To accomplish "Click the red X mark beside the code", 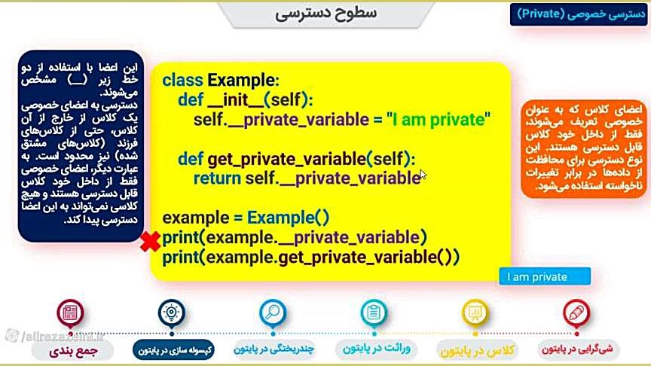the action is point(150,242).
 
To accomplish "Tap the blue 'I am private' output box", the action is point(545,276).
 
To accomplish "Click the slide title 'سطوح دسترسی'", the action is point(326,13).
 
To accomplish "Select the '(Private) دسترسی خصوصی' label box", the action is point(579,14).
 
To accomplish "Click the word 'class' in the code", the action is point(182,80).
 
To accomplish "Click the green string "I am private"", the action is point(439,120).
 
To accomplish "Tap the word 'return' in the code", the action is point(217,178).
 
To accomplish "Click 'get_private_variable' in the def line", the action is point(286,159).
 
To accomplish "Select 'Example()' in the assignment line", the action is point(288,218).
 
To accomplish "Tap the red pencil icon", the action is point(576,313).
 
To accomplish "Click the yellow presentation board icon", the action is point(475,313).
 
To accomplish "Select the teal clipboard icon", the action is point(374,313).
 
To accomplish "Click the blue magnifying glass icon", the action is point(272,313).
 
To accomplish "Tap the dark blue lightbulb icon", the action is point(172,313).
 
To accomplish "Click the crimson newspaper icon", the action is point(70,313).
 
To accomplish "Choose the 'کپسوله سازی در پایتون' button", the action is point(174,350).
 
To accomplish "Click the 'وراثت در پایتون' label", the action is point(376,349).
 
